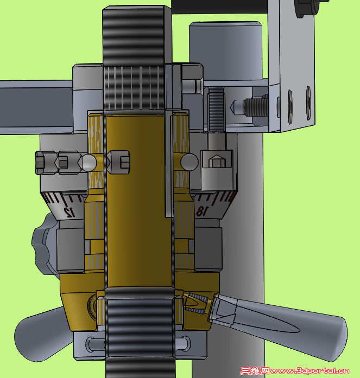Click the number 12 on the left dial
(x=69, y=211)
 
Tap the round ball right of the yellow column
(x=188, y=162)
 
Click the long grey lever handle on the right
(x=293, y=321)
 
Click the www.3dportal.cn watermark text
(x=310, y=371)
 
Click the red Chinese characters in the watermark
(x=255, y=371)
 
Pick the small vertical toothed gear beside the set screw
(x=216, y=108)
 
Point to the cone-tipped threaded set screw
(x=250, y=106)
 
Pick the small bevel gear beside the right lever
(x=197, y=306)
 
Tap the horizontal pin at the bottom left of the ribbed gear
(x=97, y=344)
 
